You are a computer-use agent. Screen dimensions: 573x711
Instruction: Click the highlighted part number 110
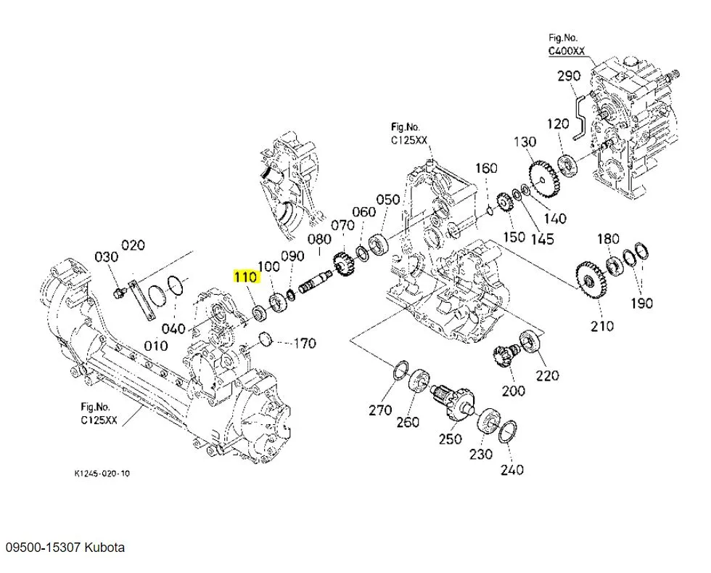(244, 277)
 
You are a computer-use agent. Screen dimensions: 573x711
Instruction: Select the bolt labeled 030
(118, 293)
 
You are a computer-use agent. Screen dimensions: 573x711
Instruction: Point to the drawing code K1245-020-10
(103, 473)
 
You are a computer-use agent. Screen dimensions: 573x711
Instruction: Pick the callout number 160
(486, 168)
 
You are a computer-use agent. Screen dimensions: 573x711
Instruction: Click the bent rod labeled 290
(579, 116)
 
